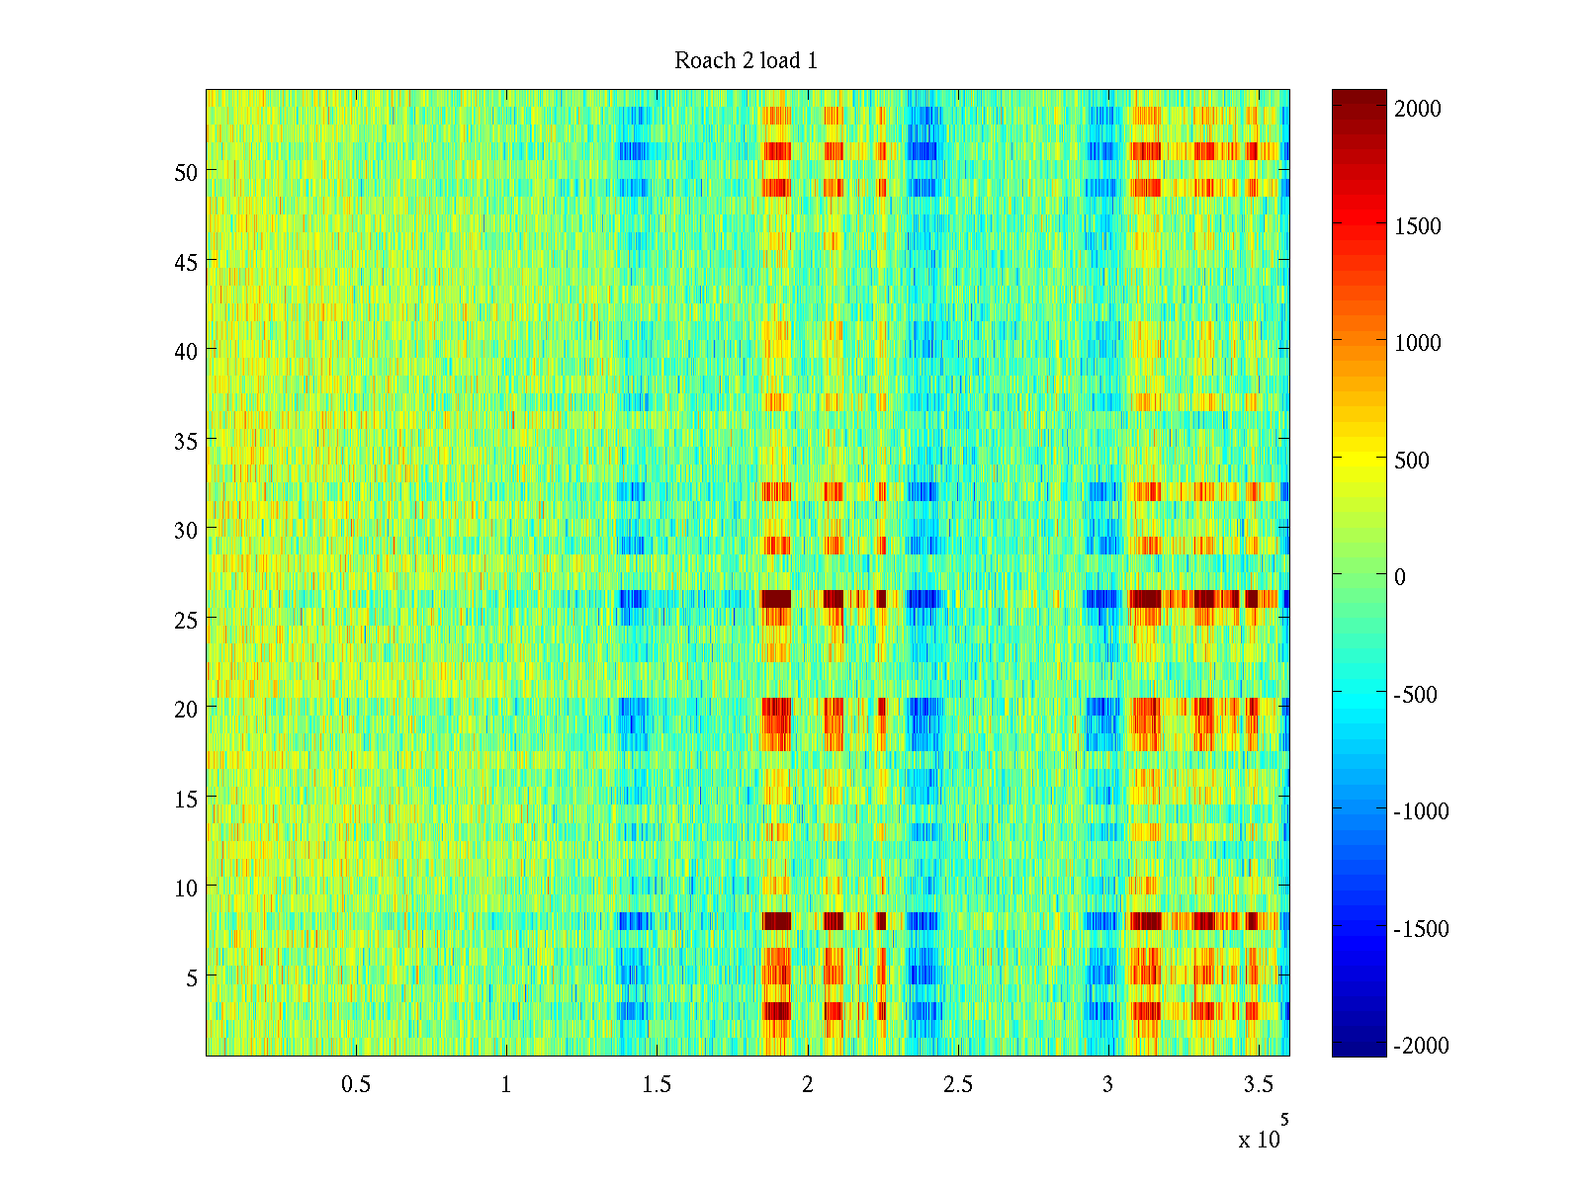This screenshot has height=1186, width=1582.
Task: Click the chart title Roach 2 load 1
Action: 746,61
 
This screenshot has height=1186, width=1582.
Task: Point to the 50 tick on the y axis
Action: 186,172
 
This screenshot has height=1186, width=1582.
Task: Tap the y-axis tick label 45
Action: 186,262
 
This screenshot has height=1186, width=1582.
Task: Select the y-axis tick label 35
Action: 186,441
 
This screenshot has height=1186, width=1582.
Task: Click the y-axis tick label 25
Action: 186,620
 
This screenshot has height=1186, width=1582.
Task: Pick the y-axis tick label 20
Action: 186,709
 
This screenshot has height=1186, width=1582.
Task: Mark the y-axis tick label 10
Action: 186,888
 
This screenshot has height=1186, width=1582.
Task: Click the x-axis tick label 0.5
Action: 356,1085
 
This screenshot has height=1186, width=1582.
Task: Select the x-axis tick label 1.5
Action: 657,1085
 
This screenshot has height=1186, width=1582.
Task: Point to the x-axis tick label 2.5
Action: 957,1085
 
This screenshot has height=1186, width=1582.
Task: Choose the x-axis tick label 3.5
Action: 1258,1085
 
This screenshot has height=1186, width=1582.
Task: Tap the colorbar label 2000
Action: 1418,109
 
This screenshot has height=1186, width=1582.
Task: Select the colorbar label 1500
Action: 1418,226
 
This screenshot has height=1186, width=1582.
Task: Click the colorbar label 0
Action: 1399,577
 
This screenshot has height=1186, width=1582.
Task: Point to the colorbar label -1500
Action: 1421,929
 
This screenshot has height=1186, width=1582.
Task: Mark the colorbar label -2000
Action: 1421,1046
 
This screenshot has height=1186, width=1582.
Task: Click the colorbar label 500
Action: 1412,461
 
